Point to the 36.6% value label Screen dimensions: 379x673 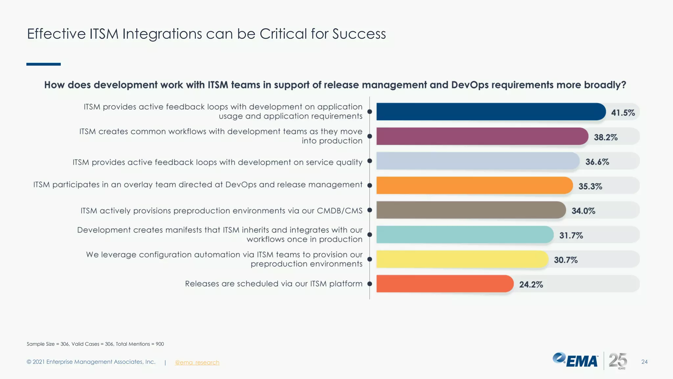pyautogui.click(x=597, y=162)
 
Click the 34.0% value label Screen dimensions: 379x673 pyautogui.click(x=583, y=211)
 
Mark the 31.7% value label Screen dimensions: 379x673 pyautogui.click(x=571, y=236)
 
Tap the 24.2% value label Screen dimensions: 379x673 pyautogui.click(x=531, y=285)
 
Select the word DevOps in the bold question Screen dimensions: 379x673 pyautogui.click(x=470, y=85)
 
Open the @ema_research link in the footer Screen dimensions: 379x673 pyautogui.click(x=197, y=362)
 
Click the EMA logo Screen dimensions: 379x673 pyautogui.click(x=575, y=360)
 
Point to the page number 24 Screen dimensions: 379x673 pyautogui.click(x=644, y=362)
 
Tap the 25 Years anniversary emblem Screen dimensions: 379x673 pyautogui.click(x=618, y=361)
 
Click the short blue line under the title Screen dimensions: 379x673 pyautogui.click(x=43, y=64)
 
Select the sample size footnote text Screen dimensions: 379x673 pyautogui.click(x=95, y=344)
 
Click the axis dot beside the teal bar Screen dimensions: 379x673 pyautogui.click(x=370, y=235)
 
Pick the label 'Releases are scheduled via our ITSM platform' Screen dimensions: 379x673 pyautogui.click(x=273, y=284)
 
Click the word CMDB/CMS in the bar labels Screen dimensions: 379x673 pyautogui.click(x=339, y=211)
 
